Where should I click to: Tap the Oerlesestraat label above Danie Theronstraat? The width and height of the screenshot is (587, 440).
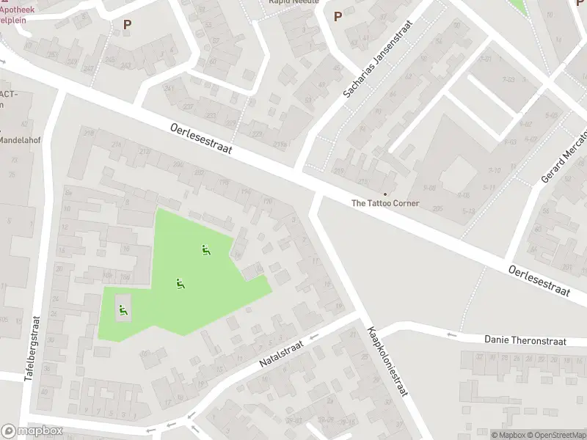pyautogui.click(x=539, y=281)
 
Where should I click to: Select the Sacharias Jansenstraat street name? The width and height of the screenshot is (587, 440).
pyautogui.click(x=379, y=60)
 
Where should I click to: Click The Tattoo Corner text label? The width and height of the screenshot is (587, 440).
pyautogui.click(x=385, y=203)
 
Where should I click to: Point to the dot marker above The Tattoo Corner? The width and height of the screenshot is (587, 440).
pyautogui.click(x=385, y=194)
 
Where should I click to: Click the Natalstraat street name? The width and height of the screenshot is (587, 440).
pyautogui.click(x=282, y=352)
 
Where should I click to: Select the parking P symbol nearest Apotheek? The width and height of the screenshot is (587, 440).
pyautogui.click(x=128, y=24)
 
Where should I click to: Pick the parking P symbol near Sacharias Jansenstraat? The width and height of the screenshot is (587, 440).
pyautogui.click(x=338, y=16)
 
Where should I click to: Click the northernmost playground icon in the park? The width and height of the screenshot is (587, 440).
pyautogui.click(x=206, y=250)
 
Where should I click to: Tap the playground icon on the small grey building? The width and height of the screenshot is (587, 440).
pyautogui.click(x=123, y=309)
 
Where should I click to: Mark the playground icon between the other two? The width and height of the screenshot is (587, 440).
pyautogui.click(x=179, y=283)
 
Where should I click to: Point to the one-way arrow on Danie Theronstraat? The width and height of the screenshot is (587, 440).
pyautogui.click(x=451, y=336)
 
